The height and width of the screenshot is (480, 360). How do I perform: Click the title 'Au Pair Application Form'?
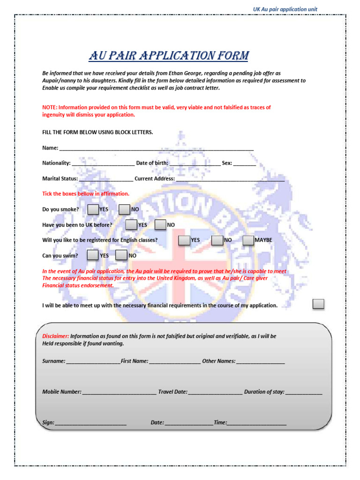(x=169, y=56)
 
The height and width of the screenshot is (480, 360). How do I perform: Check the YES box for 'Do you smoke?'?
(x=93, y=209)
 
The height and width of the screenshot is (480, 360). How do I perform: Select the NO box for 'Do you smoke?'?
(x=124, y=209)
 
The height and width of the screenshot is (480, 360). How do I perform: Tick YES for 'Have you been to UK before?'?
(x=131, y=225)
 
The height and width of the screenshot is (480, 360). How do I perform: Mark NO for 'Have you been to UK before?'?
(x=160, y=225)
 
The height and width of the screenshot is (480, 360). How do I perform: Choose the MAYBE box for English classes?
(x=248, y=240)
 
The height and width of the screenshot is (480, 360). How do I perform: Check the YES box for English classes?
(x=184, y=240)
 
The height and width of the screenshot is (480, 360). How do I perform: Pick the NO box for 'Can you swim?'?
(x=121, y=255)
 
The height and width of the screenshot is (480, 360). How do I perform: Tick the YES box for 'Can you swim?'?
(x=93, y=255)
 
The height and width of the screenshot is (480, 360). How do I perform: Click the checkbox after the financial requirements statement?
(x=318, y=304)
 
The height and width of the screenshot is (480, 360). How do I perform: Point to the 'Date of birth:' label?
(x=152, y=163)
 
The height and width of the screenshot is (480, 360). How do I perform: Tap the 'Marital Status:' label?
(x=60, y=179)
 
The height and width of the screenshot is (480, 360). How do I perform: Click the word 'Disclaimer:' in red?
(x=56, y=336)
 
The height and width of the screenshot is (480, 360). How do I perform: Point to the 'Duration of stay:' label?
(x=264, y=392)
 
